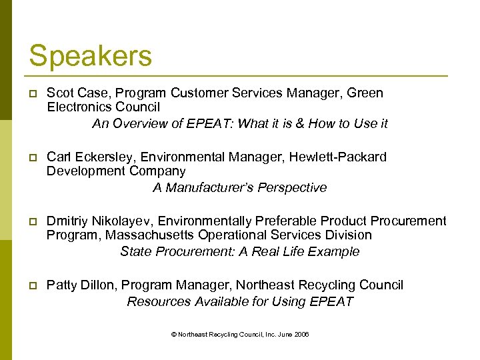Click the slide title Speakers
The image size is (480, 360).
[x=90, y=56]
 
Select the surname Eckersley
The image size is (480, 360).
[x=102, y=157]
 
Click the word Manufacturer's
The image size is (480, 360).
[x=201, y=187]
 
